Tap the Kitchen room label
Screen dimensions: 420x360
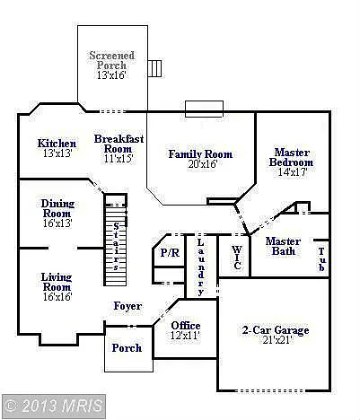pos(57,148)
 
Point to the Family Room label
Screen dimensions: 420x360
pos(200,159)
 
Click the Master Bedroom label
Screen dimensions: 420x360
pos(292,162)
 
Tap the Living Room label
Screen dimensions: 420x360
pos(57,287)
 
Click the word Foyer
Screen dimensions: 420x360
pos(127,307)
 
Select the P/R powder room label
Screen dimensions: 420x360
pos(169,254)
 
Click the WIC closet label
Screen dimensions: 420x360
pos(237,258)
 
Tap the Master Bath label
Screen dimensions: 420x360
pos(284,245)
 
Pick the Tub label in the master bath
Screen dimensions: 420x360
pos(320,258)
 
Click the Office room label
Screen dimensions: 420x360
pos(185,329)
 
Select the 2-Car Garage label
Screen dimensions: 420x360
pos(277,336)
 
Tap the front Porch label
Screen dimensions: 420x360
pos(127,348)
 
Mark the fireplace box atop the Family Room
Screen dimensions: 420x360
pos(204,108)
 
